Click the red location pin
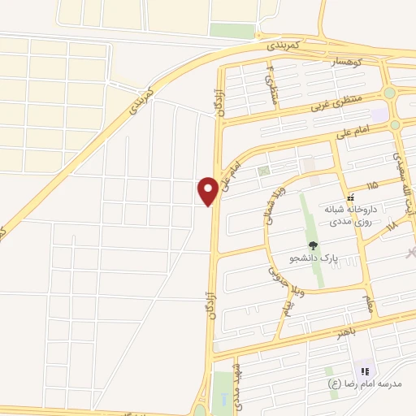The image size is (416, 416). point(208,191)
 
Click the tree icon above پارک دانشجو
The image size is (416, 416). point(313,245)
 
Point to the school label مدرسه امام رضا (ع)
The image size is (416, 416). point(356,383)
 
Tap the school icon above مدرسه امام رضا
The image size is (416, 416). point(364,371)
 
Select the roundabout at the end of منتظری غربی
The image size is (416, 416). point(389,93)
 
